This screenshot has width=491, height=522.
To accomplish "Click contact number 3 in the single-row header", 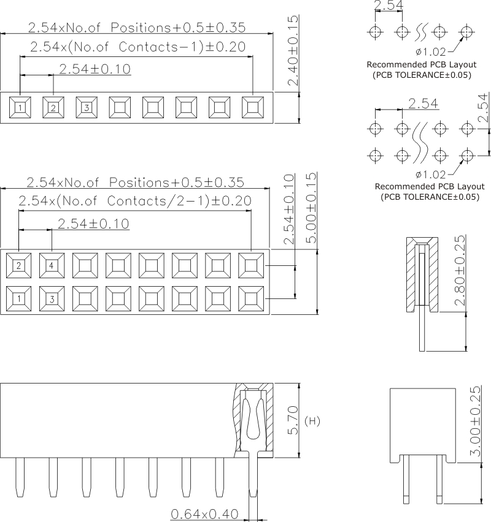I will tap(87, 108).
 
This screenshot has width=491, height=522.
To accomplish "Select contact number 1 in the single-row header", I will tap(20, 108).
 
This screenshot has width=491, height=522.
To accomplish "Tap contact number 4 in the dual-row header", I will tap(52, 265).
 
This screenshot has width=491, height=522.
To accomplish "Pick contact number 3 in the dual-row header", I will tap(52, 299).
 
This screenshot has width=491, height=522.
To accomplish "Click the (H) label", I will tap(312, 422).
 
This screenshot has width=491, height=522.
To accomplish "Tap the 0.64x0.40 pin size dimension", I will tap(204, 513).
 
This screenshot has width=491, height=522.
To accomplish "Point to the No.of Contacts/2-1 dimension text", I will tap(134, 201).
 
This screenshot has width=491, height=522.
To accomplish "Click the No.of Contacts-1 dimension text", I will tap(138, 47).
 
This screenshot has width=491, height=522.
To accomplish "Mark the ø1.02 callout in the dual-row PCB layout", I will tap(432, 174).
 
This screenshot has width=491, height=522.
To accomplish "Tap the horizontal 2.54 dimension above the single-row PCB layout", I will tap(388, 7).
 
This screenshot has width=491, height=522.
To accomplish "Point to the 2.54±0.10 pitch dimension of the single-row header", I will tap(95, 69).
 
